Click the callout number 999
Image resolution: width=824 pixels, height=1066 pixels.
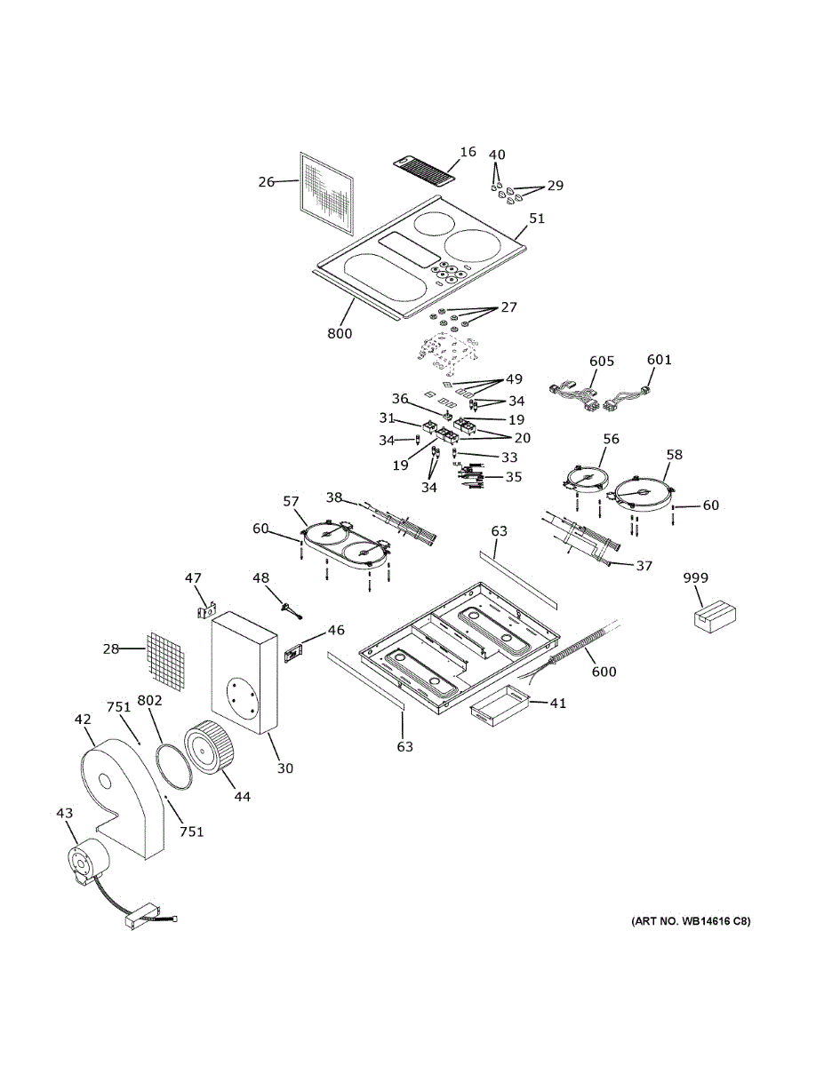[x=696, y=578]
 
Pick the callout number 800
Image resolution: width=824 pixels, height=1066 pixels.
[x=340, y=334]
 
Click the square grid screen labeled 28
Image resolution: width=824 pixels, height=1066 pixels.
[x=166, y=661]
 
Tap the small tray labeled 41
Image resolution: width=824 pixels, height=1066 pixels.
[x=497, y=706]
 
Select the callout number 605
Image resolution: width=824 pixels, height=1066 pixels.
[x=602, y=361]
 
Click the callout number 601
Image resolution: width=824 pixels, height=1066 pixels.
[x=659, y=360]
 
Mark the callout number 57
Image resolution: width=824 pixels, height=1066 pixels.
[x=291, y=502]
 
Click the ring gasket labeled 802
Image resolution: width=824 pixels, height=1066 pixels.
[x=173, y=763]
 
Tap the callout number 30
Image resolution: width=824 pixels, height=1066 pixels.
[x=284, y=768]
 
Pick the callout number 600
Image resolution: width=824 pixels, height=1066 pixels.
[x=604, y=672]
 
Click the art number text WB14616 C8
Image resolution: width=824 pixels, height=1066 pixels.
[x=691, y=921]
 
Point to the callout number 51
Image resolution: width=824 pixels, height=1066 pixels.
[x=537, y=218]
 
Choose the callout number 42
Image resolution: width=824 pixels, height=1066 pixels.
[x=83, y=720]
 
